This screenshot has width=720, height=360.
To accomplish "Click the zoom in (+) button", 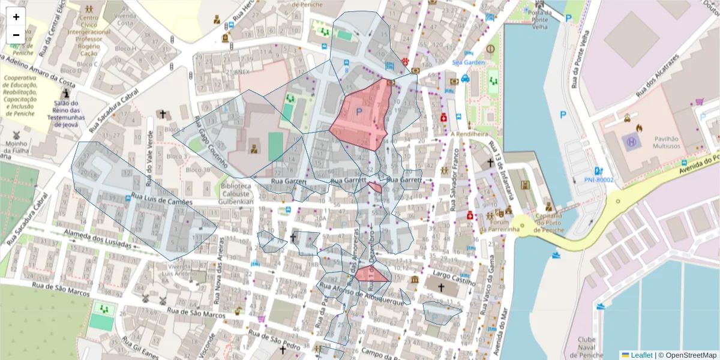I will (x=16, y=17).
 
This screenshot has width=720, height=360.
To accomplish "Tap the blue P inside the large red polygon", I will (x=359, y=112).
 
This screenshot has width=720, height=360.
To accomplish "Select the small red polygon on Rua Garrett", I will (x=376, y=187).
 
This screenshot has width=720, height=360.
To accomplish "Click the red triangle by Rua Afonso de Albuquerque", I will (x=369, y=275).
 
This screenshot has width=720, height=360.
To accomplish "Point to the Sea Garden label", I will (x=468, y=62).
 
